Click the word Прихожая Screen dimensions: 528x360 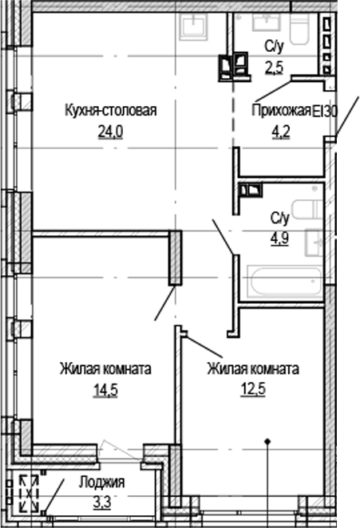point(280,111)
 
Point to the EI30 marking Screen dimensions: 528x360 point(326,111)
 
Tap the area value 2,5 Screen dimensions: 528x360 point(274,66)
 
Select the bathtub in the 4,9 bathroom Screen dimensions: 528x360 point(284,281)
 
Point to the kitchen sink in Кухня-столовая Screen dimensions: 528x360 point(192,26)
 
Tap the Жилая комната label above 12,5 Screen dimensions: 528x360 point(252,369)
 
